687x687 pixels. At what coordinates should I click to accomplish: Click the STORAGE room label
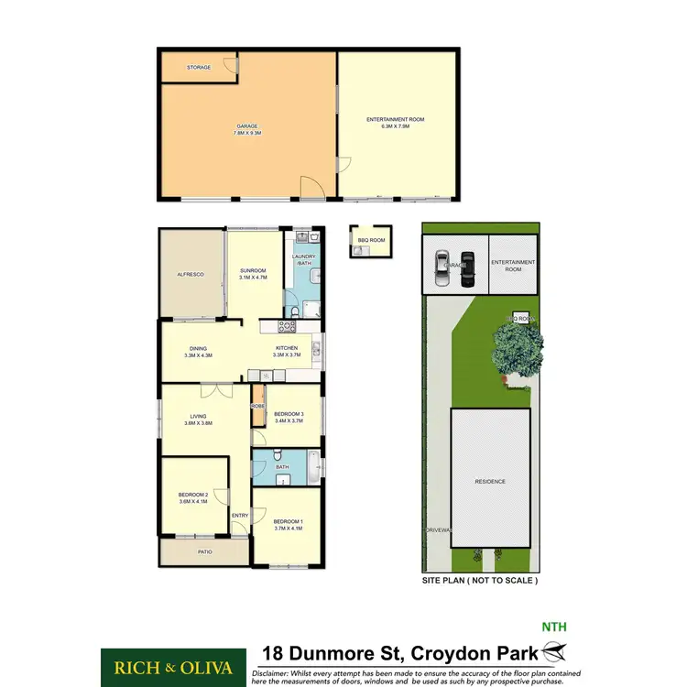coord(199,68)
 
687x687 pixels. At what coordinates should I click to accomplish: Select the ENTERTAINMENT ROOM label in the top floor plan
coord(396,120)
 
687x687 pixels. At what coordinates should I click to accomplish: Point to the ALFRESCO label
coord(191,274)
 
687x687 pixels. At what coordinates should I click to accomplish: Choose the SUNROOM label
coord(253,271)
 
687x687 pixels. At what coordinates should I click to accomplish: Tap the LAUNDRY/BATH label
coord(304,260)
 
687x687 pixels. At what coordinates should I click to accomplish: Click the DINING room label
coord(199,348)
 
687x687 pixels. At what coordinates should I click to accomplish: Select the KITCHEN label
coord(288,348)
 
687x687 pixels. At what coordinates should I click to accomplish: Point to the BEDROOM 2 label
coord(192,496)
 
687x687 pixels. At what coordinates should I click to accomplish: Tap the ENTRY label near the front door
coord(240,515)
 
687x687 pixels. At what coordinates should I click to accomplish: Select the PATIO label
coord(202,551)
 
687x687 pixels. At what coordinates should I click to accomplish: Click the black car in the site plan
coord(468,268)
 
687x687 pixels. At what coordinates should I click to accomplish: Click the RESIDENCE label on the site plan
coord(490,481)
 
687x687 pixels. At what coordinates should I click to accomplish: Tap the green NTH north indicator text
coord(554,627)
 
